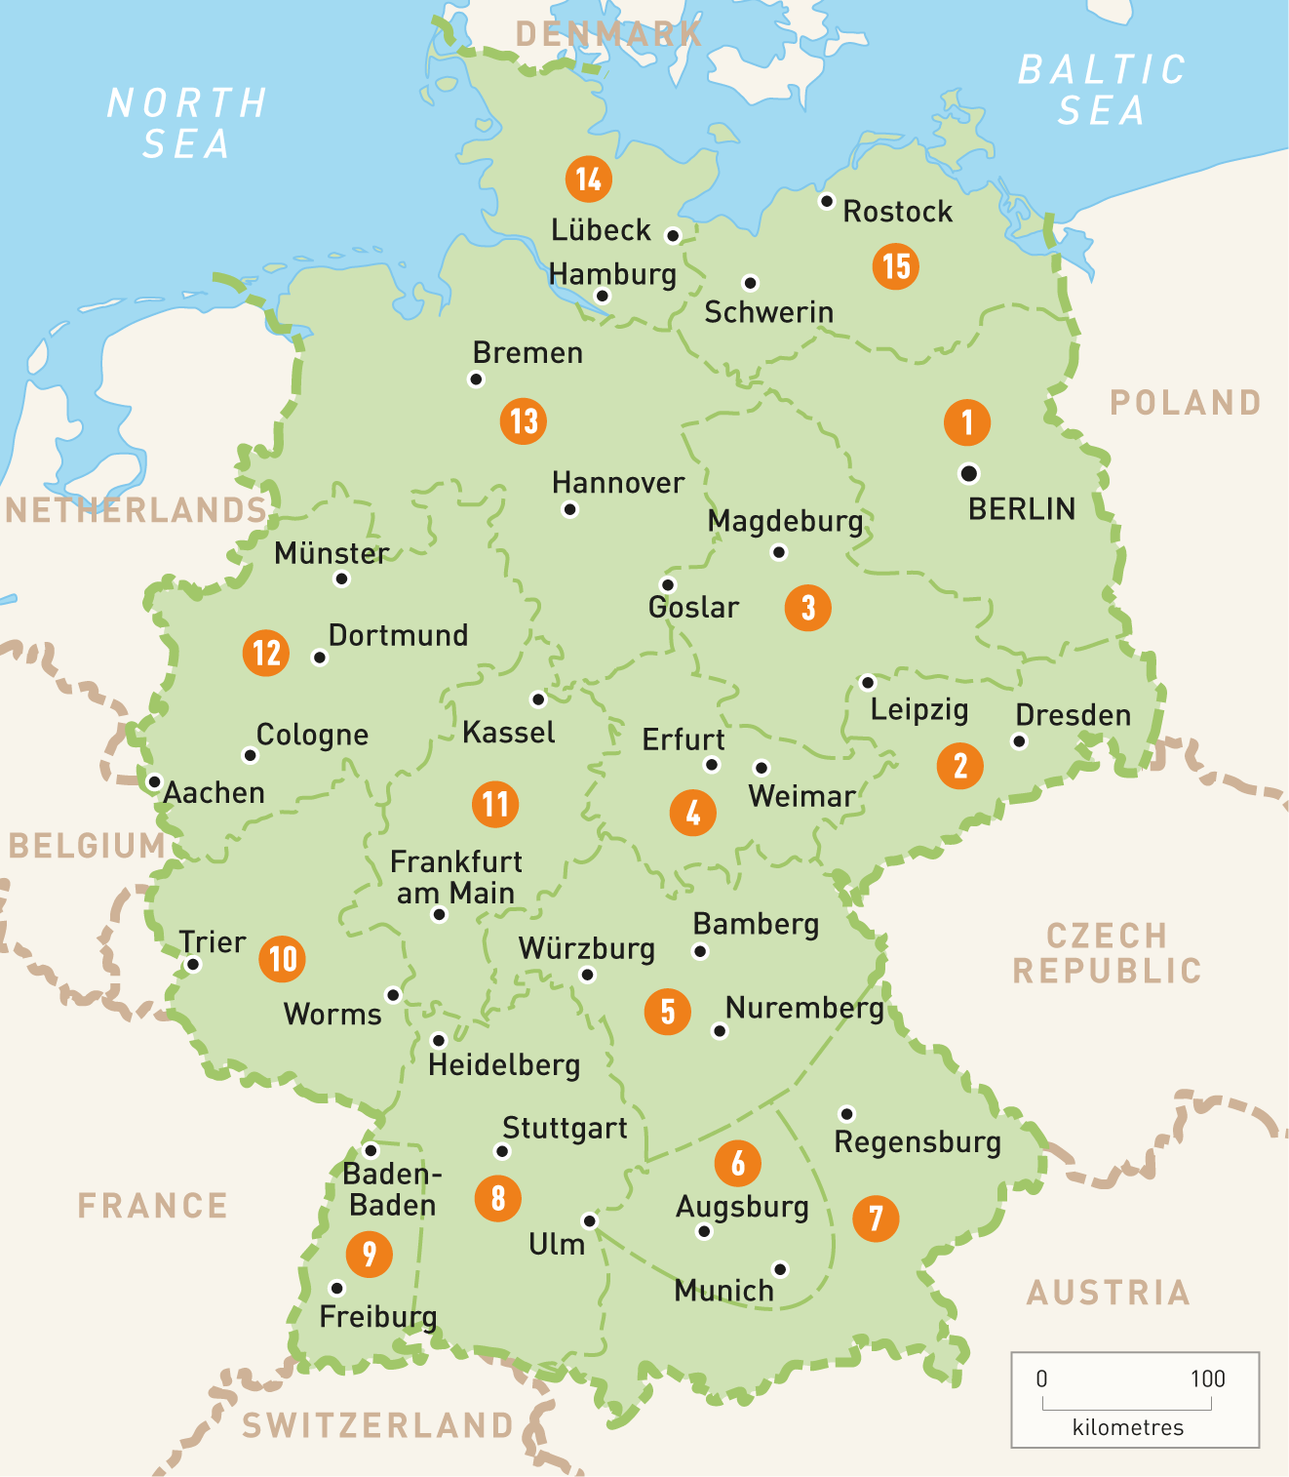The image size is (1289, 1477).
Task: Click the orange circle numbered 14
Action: coord(588,180)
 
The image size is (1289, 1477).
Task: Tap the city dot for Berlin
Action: coord(968,474)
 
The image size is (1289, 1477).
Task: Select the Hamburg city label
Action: coord(612,274)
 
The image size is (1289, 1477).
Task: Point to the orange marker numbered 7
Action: coord(876,1218)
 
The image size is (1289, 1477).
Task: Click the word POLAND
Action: coord(1186,402)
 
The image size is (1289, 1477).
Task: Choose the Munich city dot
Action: coord(780,1269)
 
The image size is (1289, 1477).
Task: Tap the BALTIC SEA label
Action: coord(1102,90)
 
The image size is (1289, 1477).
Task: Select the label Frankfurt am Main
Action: coord(455,877)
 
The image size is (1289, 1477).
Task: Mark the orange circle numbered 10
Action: coord(282,959)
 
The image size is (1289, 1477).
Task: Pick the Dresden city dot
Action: coord(1019,741)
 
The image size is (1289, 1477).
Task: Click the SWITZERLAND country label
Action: coord(377,1425)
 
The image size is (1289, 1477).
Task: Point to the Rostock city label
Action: coord(897,212)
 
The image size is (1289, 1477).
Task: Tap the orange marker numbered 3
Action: coord(807,608)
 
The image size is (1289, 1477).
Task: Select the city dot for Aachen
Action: coord(154,782)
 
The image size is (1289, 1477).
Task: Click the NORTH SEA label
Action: coord(186,123)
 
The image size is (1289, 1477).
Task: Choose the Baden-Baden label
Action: coord(392,1189)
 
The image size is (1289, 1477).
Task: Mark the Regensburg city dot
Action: coord(846,1114)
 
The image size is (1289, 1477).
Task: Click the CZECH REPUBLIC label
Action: coord(1107,953)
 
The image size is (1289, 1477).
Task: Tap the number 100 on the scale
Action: coord(1207,1378)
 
